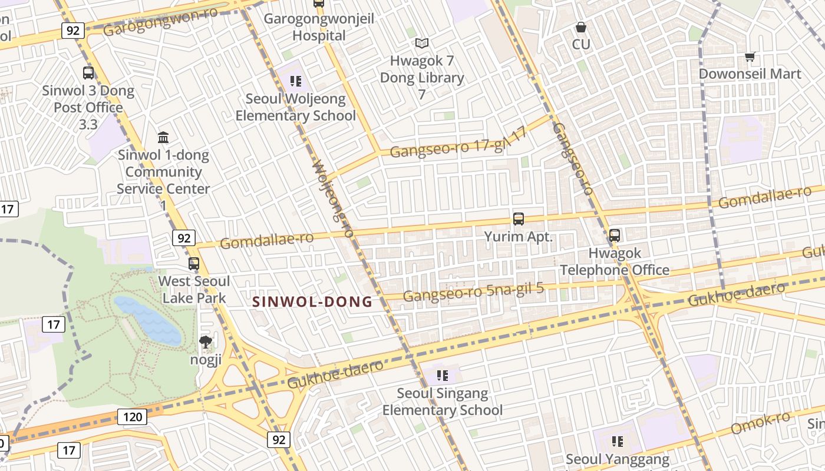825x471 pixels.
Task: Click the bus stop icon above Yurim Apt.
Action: click(519, 219)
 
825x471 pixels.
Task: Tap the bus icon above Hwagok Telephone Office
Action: click(615, 235)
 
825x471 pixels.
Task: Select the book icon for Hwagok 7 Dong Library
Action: click(421, 43)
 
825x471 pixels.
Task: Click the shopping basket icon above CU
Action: click(581, 27)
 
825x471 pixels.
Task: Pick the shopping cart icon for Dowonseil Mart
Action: click(750, 57)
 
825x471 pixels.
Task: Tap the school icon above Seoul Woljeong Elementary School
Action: click(296, 81)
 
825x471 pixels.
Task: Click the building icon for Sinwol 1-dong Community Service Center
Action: click(163, 138)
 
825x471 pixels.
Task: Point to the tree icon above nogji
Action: click(205, 341)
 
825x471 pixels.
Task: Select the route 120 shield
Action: click(132, 417)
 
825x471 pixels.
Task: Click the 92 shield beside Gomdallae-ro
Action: click(184, 238)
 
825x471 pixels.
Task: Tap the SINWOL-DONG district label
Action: click(312, 302)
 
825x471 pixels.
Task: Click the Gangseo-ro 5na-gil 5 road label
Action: click(473, 292)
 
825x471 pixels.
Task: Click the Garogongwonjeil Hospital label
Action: click(319, 27)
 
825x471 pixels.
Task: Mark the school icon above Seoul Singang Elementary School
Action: click(443, 375)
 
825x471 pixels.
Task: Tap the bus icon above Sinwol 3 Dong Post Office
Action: click(88, 73)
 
